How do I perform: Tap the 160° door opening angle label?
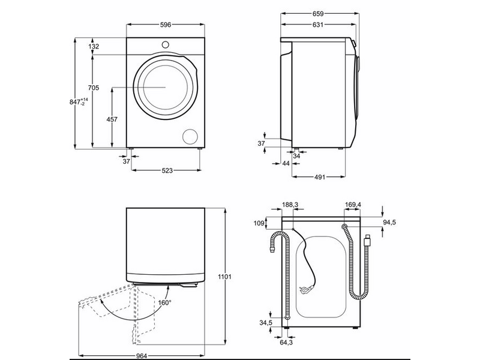[x=165, y=302]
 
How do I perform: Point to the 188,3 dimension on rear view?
[x=291, y=205]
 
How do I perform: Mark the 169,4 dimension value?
[x=353, y=205]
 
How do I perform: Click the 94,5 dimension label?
[x=389, y=222]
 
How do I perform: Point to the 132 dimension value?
[x=94, y=46]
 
